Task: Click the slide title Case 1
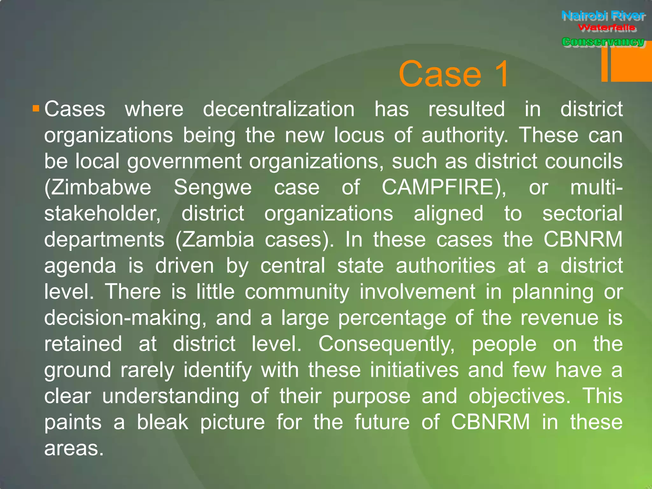click(454, 74)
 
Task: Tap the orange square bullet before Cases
click(36, 109)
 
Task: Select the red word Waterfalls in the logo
click(606, 28)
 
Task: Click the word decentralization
click(279, 109)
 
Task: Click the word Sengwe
click(213, 187)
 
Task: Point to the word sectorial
click(582, 213)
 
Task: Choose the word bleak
click(162, 422)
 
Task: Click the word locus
click(359, 135)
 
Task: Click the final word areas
click(74, 448)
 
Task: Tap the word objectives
click(519, 396)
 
